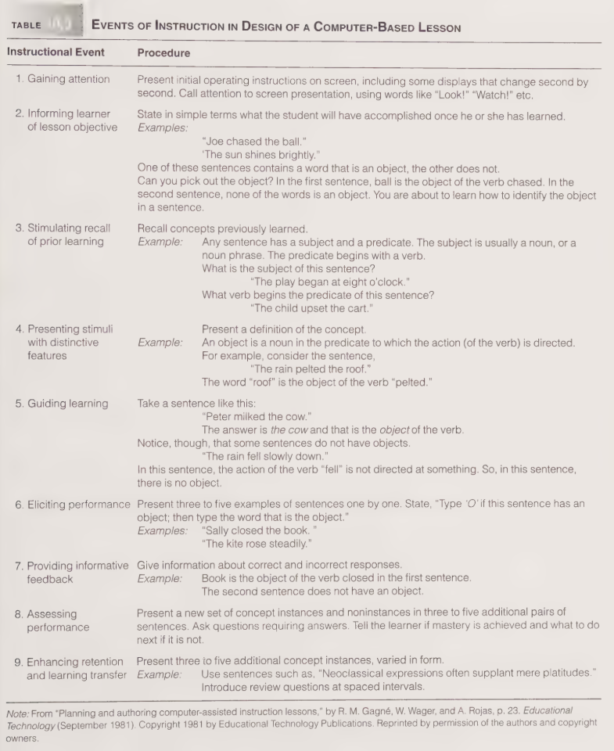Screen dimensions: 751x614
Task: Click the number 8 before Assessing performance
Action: [18, 613]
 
